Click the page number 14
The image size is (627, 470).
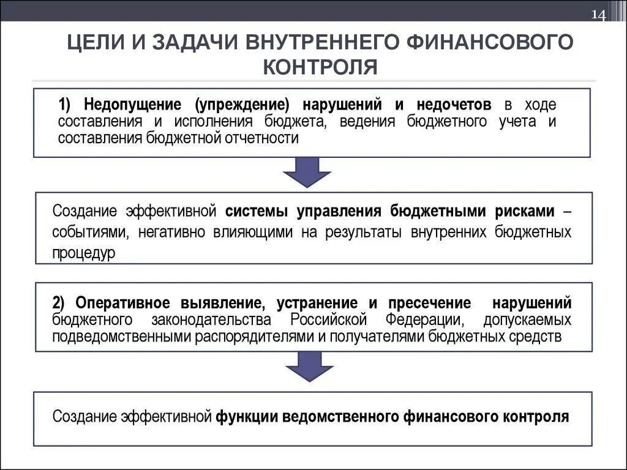[x=598, y=15]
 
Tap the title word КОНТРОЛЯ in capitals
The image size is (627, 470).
[x=320, y=66]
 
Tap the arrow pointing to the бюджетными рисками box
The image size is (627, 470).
[x=307, y=172]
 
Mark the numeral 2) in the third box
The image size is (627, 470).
[x=59, y=303]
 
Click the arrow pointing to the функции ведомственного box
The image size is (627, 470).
[x=309, y=369]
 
